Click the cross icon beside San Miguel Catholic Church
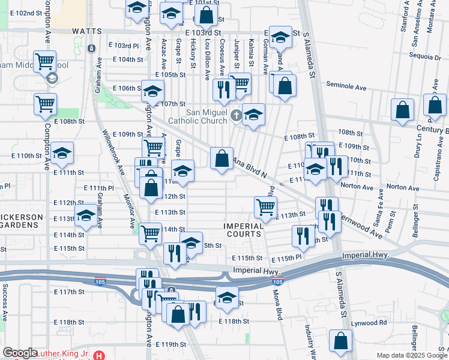(237, 114)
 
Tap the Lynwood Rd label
(370, 323)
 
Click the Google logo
(20, 353)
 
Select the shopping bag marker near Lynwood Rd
(341, 340)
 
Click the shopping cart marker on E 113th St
(265, 208)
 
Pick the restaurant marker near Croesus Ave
(223, 90)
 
